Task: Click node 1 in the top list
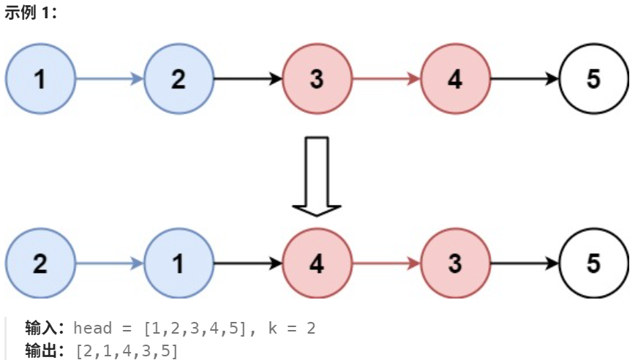pos(40,79)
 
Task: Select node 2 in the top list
pos(179,79)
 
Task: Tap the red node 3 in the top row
pos(317,79)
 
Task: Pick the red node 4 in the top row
pos(455,79)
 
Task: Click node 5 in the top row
pos(593,79)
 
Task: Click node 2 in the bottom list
pos(40,263)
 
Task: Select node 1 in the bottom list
pos(179,263)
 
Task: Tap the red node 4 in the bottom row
pos(317,263)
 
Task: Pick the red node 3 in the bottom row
pos(455,263)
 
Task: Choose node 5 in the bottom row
pos(593,263)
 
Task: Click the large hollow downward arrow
pos(317,176)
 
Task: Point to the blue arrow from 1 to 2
pos(110,79)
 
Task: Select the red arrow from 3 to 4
pos(386,79)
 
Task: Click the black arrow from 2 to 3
pos(248,79)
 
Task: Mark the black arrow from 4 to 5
pos(525,79)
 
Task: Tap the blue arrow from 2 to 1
pos(110,263)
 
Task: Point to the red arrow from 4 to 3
pos(386,263)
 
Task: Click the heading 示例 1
pos(31,14)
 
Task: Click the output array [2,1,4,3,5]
pos(127,350)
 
